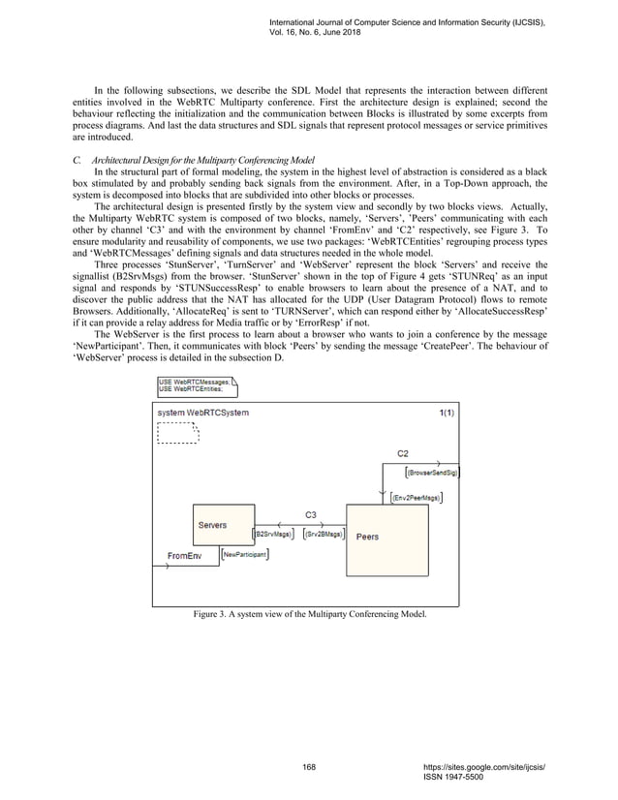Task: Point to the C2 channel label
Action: pos(404,452)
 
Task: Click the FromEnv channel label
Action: pos(184,556)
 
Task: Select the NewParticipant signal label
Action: pos(245,554)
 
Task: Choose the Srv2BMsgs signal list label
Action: pos(324,533)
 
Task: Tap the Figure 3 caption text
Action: pos(310,614)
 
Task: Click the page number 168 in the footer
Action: pos(309,766)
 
